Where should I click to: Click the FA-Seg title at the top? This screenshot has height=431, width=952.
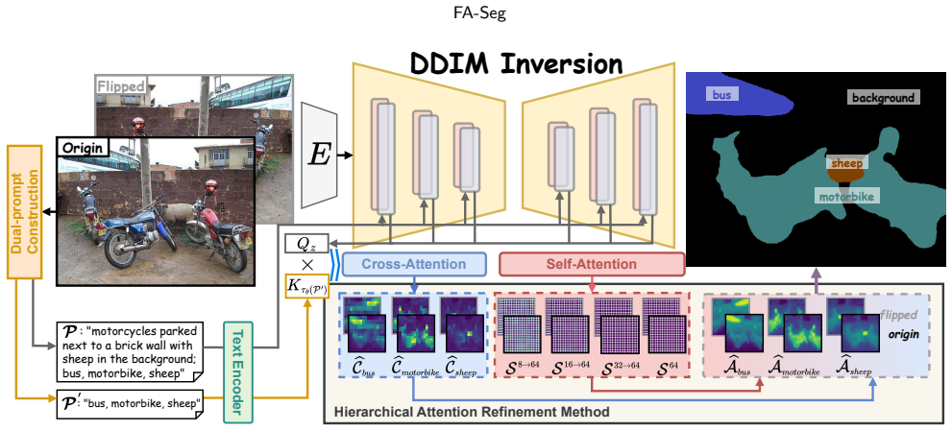click(479, 14)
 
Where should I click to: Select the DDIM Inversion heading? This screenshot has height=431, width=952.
click(516, 62)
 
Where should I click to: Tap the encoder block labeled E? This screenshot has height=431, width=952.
click(319, 155)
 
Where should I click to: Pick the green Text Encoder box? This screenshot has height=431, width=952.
click(238, 372)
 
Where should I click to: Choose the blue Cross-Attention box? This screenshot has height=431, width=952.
click(414, 265)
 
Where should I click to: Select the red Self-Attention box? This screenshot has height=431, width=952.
click(592, 265)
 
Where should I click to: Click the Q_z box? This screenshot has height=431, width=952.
click(306, 244)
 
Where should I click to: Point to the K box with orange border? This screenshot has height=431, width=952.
click(306, 286)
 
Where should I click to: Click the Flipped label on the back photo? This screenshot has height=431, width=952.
click(121, 86)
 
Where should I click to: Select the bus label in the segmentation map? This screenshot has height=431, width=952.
click(721, 94)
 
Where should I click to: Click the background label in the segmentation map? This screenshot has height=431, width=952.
click(883, 97)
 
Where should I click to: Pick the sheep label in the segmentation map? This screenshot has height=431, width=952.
click(846, 162)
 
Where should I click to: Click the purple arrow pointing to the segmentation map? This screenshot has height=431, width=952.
click(817, 280)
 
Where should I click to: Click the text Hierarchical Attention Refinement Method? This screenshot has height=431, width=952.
click(471, 412)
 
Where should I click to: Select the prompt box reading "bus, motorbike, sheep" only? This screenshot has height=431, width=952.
click(131, 404)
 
